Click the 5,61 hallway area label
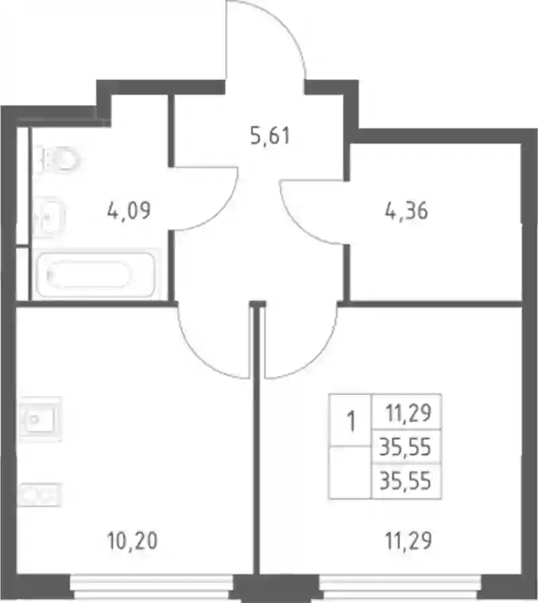coord(270,136)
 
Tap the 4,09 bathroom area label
coord(128,211)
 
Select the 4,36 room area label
coord(406,211)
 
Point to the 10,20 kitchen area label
coord(132,541)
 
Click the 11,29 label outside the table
coord(408,541)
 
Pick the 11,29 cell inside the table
coord(408,413)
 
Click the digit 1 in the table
coord(350,421)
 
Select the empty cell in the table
coord(350,473)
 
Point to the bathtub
coord(95,274)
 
